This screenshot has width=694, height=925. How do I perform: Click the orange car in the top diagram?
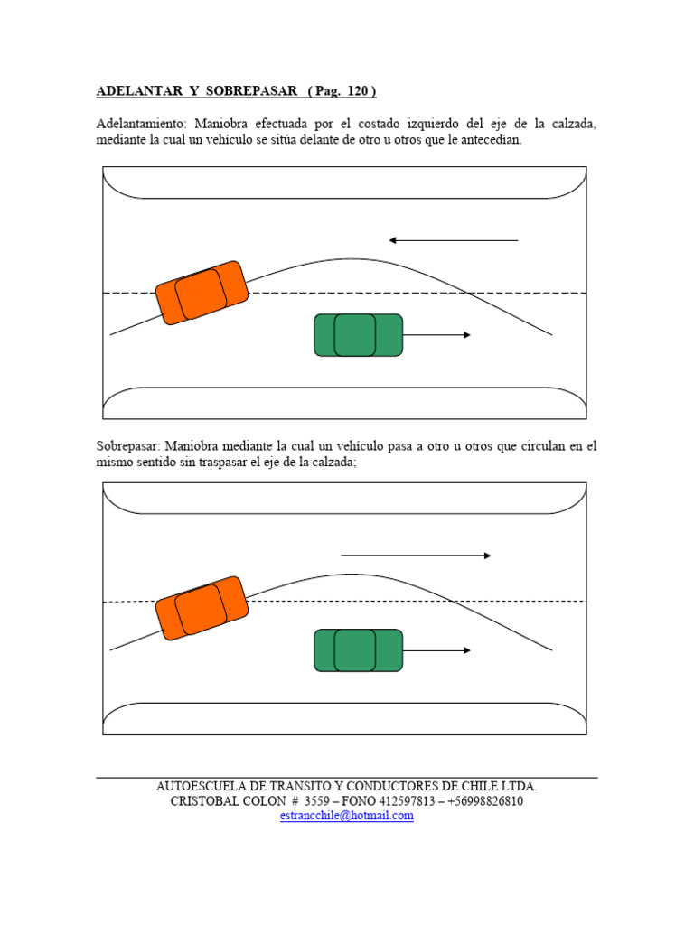[202, 293]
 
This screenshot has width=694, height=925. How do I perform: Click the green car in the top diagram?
[358, 335]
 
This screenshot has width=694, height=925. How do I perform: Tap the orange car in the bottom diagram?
[202, 608]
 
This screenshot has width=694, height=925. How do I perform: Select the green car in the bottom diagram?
[358, 650]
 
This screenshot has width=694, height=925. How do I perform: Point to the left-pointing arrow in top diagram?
[453, 240]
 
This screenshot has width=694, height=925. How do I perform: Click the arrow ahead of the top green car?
[437, 335]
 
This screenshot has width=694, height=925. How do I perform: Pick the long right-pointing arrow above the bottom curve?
[416, 556]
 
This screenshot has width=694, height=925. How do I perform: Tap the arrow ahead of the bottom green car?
[437, 650]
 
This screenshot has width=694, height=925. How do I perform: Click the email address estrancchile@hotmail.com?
[347, 815]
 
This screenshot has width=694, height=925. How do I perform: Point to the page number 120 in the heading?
[358, 91]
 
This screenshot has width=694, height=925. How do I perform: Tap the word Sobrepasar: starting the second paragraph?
[127, 446]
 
